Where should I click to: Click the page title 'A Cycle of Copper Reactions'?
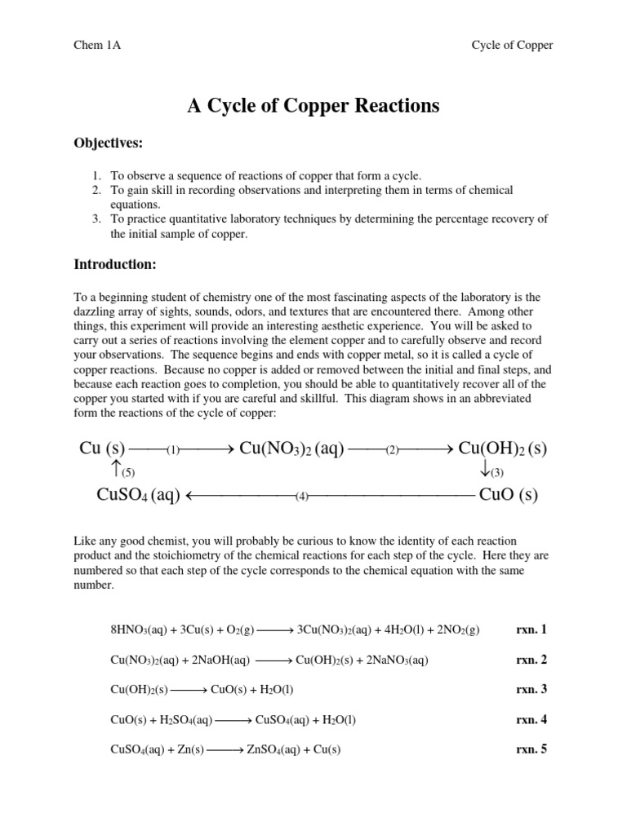(x=313, y=105)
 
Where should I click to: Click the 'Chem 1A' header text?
(x=97, y=45)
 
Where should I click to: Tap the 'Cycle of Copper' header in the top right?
(x=512, y=45)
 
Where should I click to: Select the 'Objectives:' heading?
(x=109, y=144)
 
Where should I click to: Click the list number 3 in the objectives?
(x=96, y=219)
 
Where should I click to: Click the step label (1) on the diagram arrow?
(x=173, y=450)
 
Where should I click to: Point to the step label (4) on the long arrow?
(x=302, y=496)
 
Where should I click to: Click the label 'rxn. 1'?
(x=531, y=630)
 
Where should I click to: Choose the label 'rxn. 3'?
(x=531, y=689)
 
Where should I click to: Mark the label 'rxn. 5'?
(x=531, y=749)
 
